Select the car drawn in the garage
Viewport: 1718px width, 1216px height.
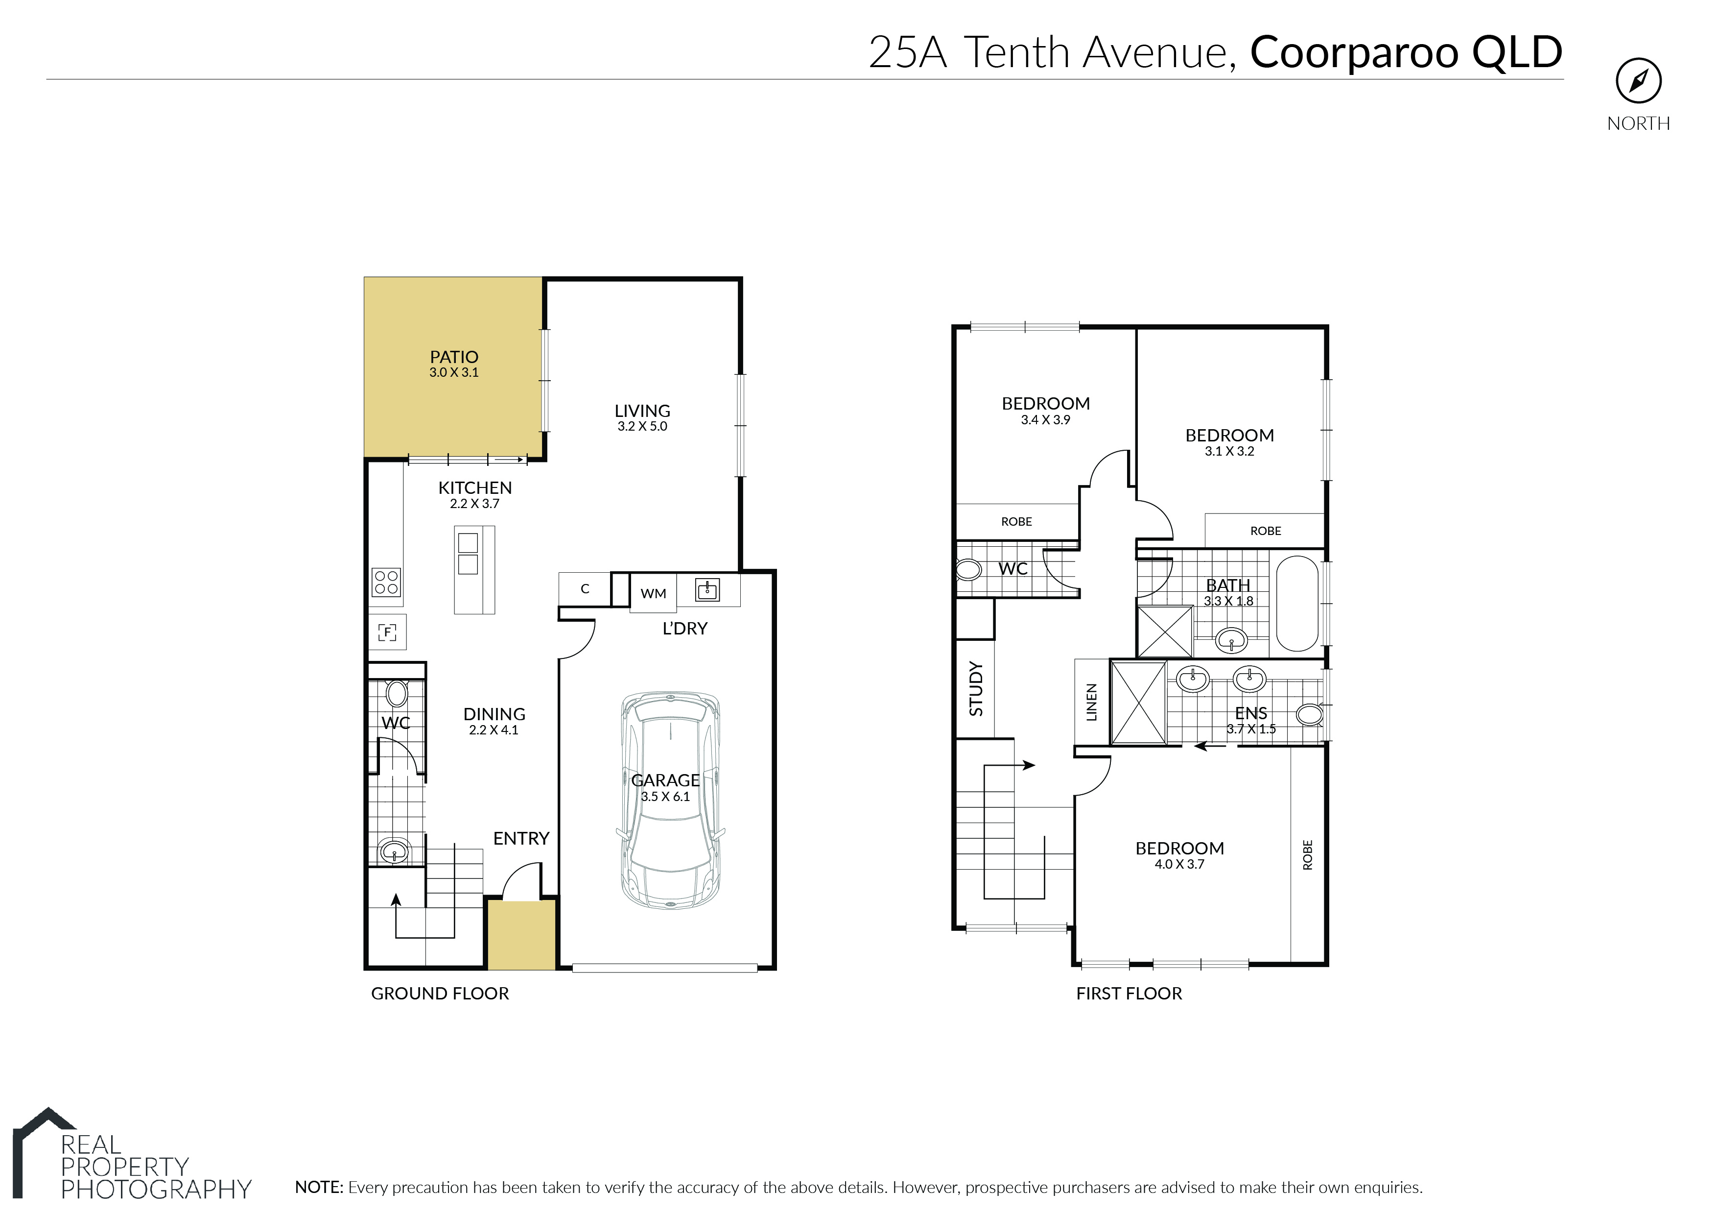[671, 802]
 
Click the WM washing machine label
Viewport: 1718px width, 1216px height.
[653, 594]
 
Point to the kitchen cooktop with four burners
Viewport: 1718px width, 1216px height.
[386, 583]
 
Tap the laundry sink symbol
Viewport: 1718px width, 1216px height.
[707, 590]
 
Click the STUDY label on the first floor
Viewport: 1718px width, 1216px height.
[976, 688]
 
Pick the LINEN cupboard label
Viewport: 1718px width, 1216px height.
[1092, 703]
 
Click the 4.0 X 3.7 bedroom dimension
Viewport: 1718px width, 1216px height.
[1179, 864]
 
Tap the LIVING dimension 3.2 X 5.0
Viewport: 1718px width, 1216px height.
[642, 426]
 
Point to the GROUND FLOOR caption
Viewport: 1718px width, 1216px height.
[440, 994]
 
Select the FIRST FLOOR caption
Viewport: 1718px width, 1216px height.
[1129, 994]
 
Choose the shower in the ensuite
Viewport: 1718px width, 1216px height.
[1138, 703]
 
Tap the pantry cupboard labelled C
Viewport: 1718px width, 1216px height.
[585, 589]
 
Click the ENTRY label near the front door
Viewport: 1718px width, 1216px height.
[521, 839]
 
